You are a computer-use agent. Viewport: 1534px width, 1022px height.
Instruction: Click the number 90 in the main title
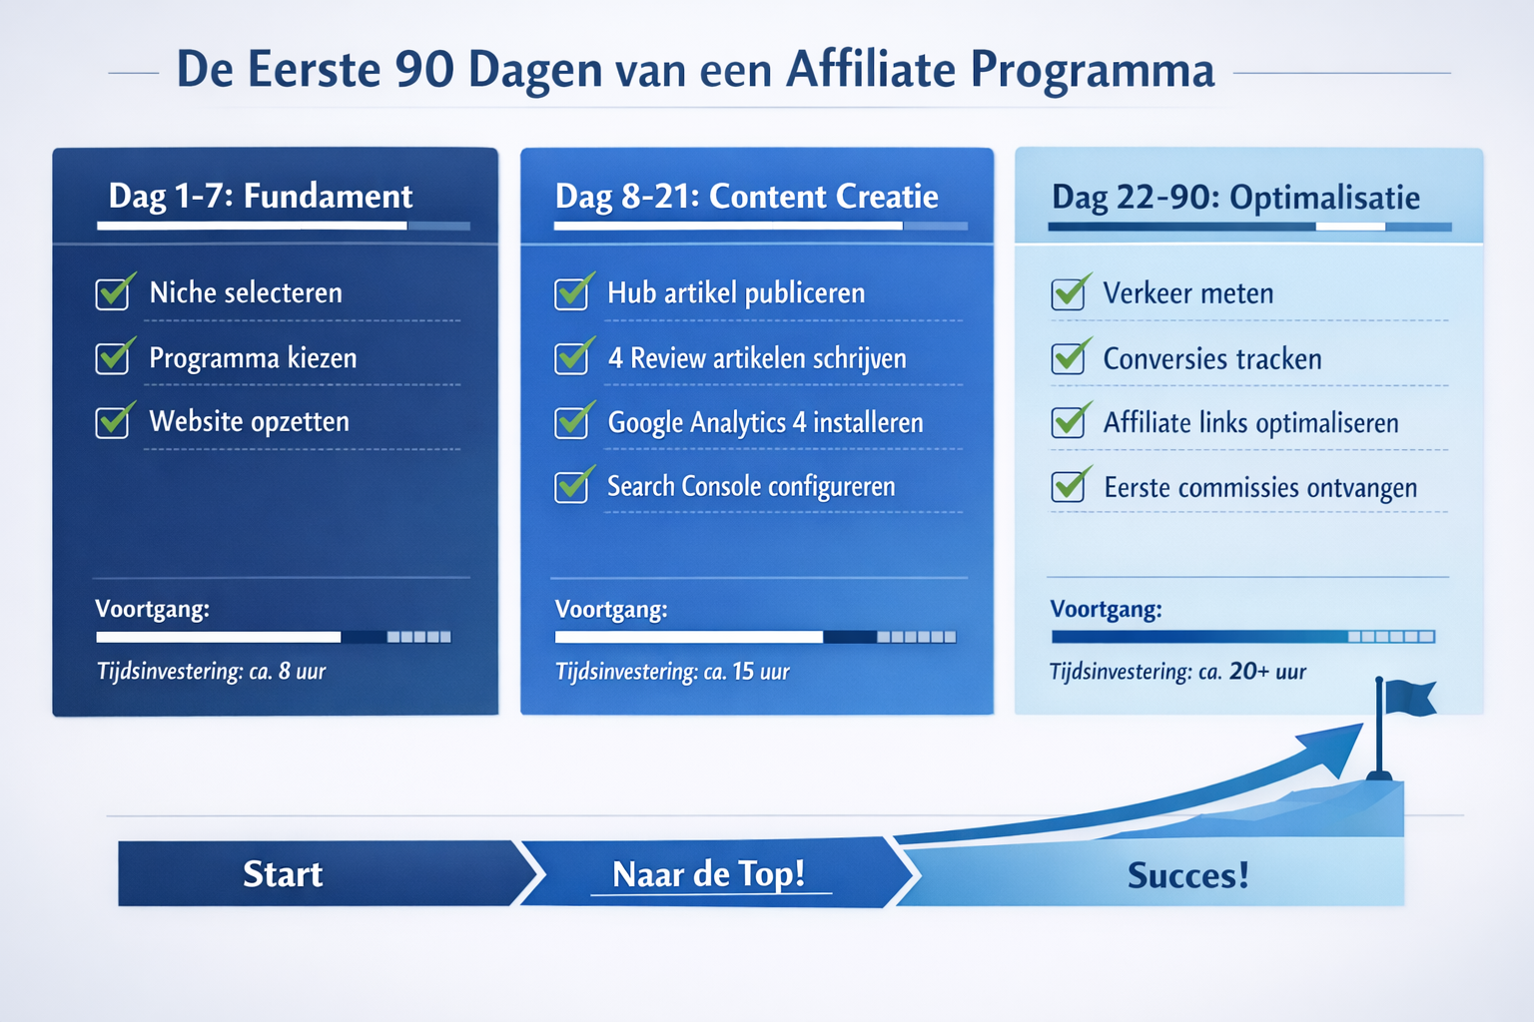click(x=423, y=70)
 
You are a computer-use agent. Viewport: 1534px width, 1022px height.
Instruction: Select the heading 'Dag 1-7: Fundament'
click(x=260, y=196)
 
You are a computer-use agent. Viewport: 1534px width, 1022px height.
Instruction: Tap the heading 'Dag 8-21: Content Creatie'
click(x=746, y=197)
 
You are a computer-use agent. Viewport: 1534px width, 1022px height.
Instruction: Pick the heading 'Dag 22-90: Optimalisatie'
click(x=1235, y=198)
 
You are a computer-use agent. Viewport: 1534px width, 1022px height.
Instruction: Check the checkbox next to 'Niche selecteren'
click(x=113, y=293)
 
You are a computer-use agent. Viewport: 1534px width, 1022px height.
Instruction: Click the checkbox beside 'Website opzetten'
click(x=113, y=422)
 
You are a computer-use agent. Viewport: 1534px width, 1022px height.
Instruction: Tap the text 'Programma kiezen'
click(x=253, y=357)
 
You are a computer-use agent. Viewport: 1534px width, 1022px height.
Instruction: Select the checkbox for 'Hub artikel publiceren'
click(x=571, y=293)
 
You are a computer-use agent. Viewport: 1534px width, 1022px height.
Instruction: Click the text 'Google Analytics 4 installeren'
click(x=765, y=422)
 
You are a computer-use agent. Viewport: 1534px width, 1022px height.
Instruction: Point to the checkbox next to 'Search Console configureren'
click(x=571, y=487)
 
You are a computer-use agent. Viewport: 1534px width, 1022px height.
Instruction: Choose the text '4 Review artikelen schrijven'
click(x=757, y=358)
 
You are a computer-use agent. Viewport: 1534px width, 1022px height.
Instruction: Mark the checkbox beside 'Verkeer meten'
click(x=1068, y=293)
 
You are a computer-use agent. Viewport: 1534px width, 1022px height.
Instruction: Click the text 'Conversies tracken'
click(x=1211, y=358)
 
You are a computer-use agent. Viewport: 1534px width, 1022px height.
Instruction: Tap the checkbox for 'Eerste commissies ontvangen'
click(x=1068, y=487)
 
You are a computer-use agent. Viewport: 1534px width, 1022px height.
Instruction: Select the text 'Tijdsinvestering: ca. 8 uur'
click(x=211, y=671)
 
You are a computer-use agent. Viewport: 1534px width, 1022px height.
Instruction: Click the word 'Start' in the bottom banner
click(x=283, y=874)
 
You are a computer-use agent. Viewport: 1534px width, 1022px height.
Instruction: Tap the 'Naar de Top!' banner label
click(x=708, y=874)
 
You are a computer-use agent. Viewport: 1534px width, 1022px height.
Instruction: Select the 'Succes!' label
click(x=1187, y=875)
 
